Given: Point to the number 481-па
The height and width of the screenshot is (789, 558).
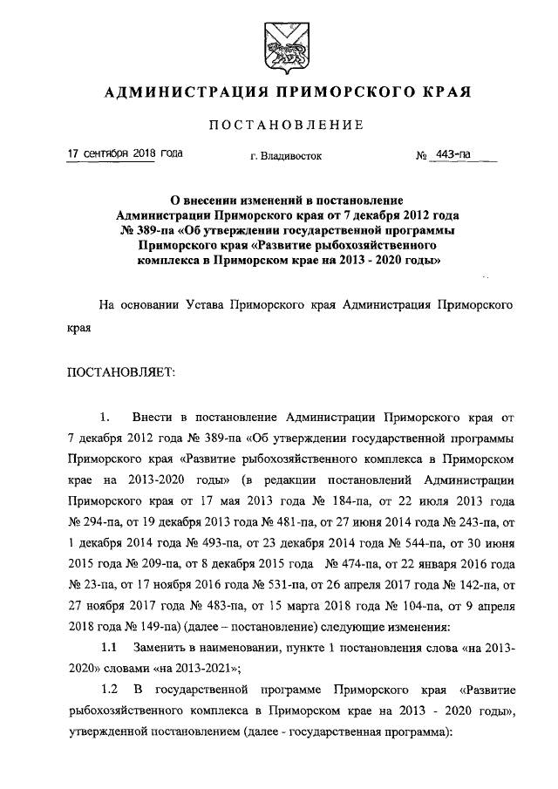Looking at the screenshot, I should [x=276, y=527].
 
